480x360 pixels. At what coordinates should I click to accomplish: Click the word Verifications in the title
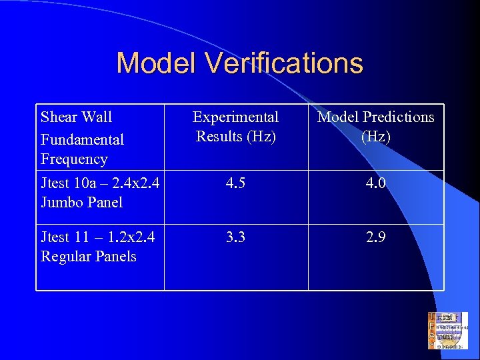285,63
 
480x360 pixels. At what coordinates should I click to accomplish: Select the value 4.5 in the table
235,183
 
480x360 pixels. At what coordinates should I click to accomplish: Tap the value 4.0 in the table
375,183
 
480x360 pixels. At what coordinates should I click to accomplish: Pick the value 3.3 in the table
235,237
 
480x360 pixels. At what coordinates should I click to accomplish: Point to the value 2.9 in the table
375,237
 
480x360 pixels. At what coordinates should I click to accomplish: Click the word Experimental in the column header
235,117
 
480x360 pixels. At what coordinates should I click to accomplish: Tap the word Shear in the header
59,117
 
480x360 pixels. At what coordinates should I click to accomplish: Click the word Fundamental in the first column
82,140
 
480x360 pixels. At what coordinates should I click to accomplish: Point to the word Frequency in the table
74,159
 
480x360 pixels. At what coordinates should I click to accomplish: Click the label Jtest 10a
64,183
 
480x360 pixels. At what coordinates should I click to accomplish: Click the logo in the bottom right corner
447,331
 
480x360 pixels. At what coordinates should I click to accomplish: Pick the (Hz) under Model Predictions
375,137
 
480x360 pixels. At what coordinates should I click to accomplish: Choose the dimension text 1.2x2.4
126,237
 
